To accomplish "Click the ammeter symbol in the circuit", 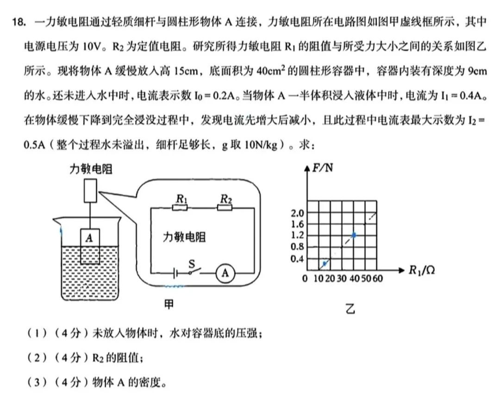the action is [x=225, y=273].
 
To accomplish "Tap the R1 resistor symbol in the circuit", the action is [x=180, y=207].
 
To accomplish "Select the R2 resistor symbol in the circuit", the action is [x=225, y=207].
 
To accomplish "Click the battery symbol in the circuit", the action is [x=175, y=273].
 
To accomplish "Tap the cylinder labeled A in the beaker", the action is [x=90, y=246].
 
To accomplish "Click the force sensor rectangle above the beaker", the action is [x=90, y=191].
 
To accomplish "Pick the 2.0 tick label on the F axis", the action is [x=297, y=213].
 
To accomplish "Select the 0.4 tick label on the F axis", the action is [x=297, y=258].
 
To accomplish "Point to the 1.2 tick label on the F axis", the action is [x=297, y=235].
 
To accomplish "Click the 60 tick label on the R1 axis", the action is [x=378, y=278].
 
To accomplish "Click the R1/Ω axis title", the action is [x=422, y=270].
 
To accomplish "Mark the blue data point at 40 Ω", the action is [x=354, y=235].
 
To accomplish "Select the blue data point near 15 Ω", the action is [x=325, y=263].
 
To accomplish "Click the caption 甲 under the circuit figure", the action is [x=169, y=305].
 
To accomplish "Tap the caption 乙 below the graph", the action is [x=350, y=309].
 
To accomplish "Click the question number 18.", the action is [x=19, y=22].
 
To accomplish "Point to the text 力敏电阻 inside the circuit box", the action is [x=184, y=237].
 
